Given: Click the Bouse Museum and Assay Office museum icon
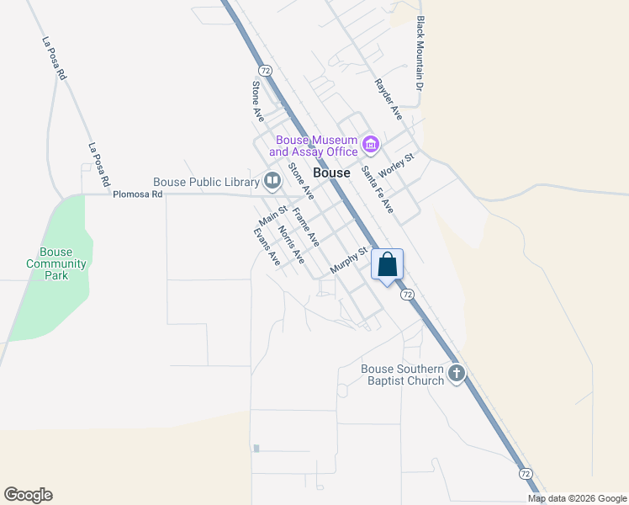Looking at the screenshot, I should (x=370, y=146).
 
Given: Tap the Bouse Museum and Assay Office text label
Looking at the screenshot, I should (x=314, y=146).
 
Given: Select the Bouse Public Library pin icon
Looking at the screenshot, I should (x=272, y=180).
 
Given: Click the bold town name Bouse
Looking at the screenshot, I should (x=331, y=173).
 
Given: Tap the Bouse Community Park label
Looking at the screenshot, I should (x=56, y=263).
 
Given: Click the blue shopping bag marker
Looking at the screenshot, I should (x=388, y=265).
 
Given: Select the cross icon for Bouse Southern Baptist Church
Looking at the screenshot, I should (x=457, y=374).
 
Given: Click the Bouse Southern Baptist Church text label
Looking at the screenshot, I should (x=403, y=375).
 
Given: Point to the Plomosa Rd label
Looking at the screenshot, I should (x=137, y=194).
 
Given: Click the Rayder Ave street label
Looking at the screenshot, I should (x=388, y=98).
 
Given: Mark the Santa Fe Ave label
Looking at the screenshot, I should (x=378, y=189).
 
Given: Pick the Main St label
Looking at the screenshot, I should (x=273, y=216).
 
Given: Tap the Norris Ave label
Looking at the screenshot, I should (x=291, y=244).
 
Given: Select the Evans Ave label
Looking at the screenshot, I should (x=267, y=247).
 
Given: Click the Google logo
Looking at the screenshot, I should (x=28, y=495).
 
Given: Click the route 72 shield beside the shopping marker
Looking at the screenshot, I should (x=408, y=294).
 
